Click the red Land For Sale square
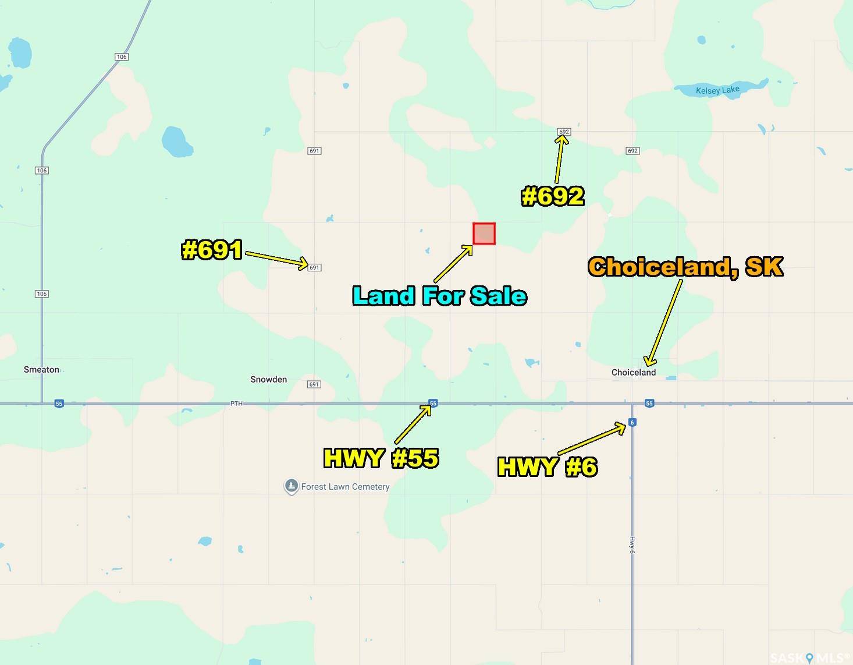pyautogui.click(x=484, y=234)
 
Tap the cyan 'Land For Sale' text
pyautogui.click(x=440, y=296)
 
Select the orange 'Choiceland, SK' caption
pyautogui.click(x=685, y=267)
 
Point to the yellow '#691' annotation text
pyautogui.click(x=212, y=250)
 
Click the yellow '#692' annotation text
pyautogui.click(x=553, y=196)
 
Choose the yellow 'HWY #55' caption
pyautogui.click(x=381, y=458)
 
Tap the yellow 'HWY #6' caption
pyautogui.click(x=548, y=466)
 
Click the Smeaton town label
pyautogui.click(x=41, y=370)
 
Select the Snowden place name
pyautogui.click(x=268, y=380)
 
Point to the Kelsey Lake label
pyautogui.click(x=717, y=90)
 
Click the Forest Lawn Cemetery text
pyautogui.click(x=345, y=487)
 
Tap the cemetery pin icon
pyautogui.click(x=291, y=486)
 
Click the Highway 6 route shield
pyautogui.click(x=632, y=423)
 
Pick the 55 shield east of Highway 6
pyautogui.click(x=649, y=403)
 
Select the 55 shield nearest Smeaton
pyautogui.click(x=59, y=404)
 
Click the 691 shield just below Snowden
pyautogui.click(x=314, y=384)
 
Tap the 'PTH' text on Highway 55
pyautogui.click(x=236, y=403)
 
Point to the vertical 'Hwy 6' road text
pyautogui.click(x=632, y=545)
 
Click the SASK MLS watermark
pyautogui.click(x=809, y=657)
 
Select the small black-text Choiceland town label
pyautogui.click(x=633, y=373)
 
